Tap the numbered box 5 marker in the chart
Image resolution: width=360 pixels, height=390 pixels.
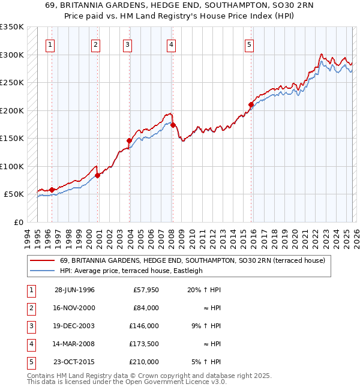pos(249,44)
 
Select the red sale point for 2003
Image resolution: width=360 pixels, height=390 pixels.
pos(129,140)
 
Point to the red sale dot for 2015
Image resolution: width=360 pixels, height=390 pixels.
pos(251,105)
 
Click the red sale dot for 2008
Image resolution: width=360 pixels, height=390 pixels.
pos(173,125)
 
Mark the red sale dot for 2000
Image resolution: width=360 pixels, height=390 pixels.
pos(97,175)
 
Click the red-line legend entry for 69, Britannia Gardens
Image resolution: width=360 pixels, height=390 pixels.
pos(192,260)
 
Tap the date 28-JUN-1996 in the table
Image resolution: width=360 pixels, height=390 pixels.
pos(74,290)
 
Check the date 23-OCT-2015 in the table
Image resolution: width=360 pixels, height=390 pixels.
pos(74,362)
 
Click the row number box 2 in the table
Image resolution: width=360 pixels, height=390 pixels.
pos(30,308)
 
